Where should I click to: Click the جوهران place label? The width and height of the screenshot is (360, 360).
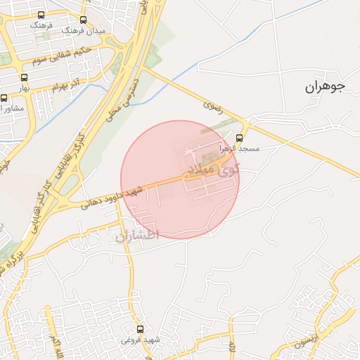click(x=326, y=87)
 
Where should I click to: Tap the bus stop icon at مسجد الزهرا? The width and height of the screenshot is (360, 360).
click(x=239, y=138)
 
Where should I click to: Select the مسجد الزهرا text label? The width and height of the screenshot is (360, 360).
click(x=240, y=149)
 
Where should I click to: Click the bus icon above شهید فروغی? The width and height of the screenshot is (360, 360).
click(x=140, y=329)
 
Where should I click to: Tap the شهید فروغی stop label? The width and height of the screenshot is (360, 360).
click(x=141, y=340)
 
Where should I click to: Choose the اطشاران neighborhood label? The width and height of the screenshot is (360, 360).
click(x=138, y=236)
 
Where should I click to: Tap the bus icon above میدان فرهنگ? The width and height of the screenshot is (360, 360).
click(x=84, y=20)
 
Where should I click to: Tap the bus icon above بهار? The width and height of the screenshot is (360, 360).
click(x=25, y=78)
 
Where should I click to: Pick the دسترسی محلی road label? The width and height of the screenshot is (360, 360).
click(x=124, y=98)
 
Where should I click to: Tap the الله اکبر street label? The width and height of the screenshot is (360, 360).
click(x=55, y=345)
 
